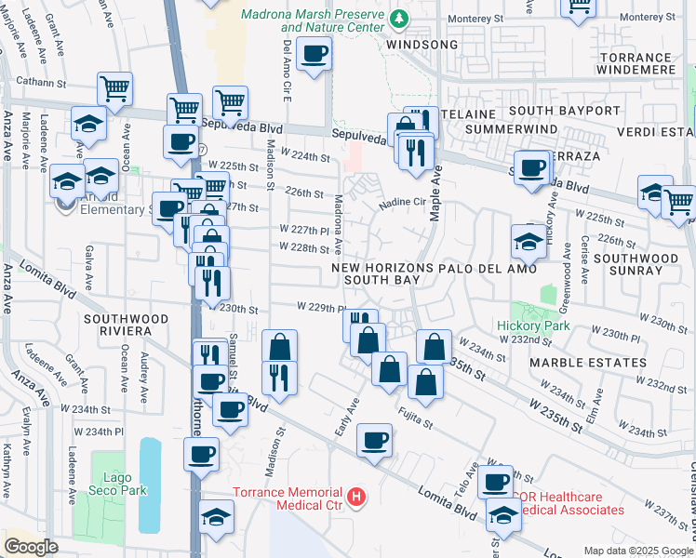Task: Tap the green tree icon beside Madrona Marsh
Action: (398, 18)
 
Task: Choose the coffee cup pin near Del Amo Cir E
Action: (315, 55)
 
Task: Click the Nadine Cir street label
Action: (401, 201)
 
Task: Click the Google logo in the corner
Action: (31, 547)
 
